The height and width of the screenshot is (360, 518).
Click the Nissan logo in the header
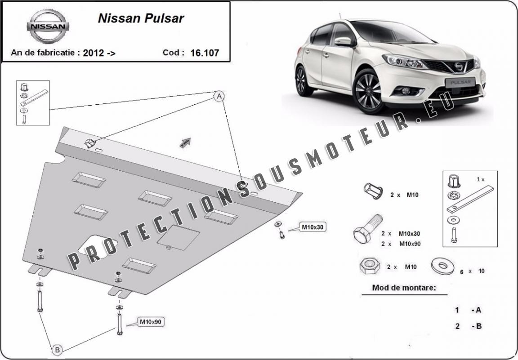(48, 26)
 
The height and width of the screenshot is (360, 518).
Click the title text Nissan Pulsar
(141, 18)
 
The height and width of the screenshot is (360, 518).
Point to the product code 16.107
(205, 53)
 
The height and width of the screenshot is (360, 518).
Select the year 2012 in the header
(94, 53)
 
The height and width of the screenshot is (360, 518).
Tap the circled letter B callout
(57, 349)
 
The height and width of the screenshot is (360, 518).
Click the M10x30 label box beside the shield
(312, 227)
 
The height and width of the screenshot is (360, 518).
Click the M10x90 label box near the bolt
(151, 322)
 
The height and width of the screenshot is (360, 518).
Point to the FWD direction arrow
(185, 142)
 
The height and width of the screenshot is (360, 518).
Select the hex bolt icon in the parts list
(368, 229)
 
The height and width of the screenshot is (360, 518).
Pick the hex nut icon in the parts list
(370, 266)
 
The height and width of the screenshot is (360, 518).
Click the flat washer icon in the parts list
(442, 266)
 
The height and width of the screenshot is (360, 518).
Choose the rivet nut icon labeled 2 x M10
(373, 191)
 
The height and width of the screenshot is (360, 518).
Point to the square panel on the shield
(178, 238)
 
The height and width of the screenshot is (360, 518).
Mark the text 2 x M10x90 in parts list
(401, 244)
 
